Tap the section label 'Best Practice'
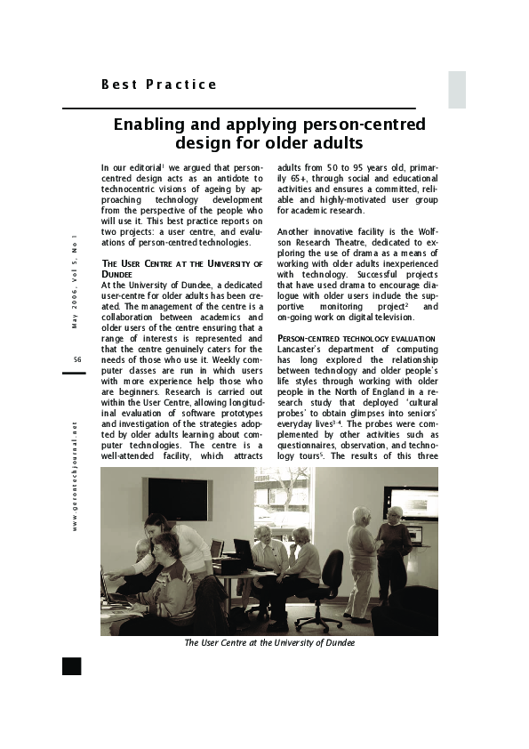coord(159,85)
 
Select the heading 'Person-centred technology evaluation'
coord(357,339)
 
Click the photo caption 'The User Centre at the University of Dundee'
coord(269,642)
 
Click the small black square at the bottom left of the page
coord(72,666)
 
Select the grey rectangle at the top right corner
coord(456,89)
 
